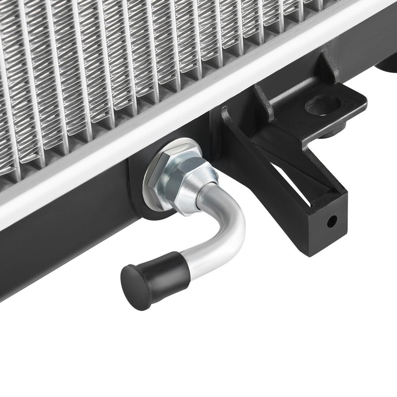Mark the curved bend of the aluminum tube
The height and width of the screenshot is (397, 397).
[x=232, y=225]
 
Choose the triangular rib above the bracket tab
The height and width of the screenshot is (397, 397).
[x=326, y=68]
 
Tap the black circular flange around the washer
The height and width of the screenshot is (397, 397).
[x=146, y=205]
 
